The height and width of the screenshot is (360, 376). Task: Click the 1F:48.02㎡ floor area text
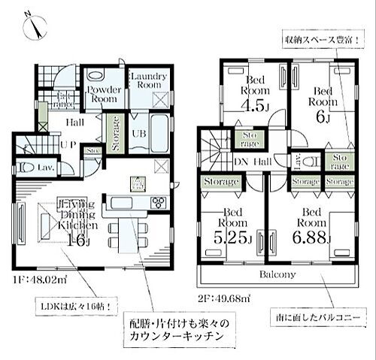39,283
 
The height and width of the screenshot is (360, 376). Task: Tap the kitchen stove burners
159,201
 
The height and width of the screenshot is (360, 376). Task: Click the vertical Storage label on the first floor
116,133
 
